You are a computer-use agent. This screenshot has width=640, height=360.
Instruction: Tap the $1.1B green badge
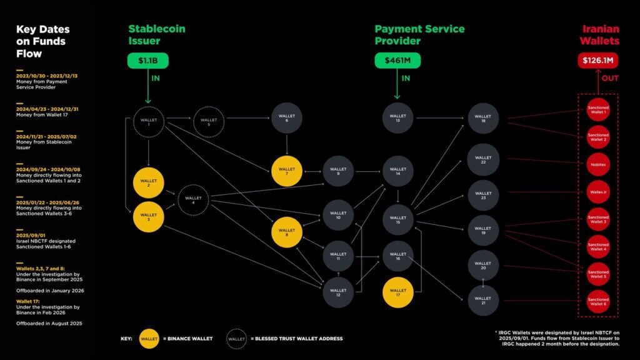click(x=148, y=61)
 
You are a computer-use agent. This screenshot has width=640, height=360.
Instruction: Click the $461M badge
click(x=397, y=61)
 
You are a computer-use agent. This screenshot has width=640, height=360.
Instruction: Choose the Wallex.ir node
click(x=597, y=191)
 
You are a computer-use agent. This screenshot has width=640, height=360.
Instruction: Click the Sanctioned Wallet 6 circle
click(x=597, y=302)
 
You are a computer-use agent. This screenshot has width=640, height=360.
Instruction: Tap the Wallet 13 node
click(x=398, y=118)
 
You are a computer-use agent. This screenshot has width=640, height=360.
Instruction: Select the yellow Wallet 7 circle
click(x=287, y=170)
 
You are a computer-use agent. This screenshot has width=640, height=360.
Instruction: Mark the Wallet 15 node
click(x=398, y=221)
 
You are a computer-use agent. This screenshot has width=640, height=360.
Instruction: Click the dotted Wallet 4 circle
click(x=193, y=201)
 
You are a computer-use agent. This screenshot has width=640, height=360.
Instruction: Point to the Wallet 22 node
click(x=483, y=159)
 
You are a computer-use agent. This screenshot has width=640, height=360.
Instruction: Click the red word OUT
click(x=610, y=79)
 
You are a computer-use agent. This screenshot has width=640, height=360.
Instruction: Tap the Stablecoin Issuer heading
click(x=157, y=35)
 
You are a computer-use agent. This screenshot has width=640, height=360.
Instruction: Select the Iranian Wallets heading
click(x=601, y=35)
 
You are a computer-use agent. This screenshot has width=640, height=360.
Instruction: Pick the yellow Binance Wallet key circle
click(x=149, y=338)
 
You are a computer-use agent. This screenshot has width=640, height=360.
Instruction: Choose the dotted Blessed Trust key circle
click(x=236, y=338)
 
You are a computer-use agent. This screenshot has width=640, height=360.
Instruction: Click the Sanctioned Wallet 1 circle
click(x=597, y=110)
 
